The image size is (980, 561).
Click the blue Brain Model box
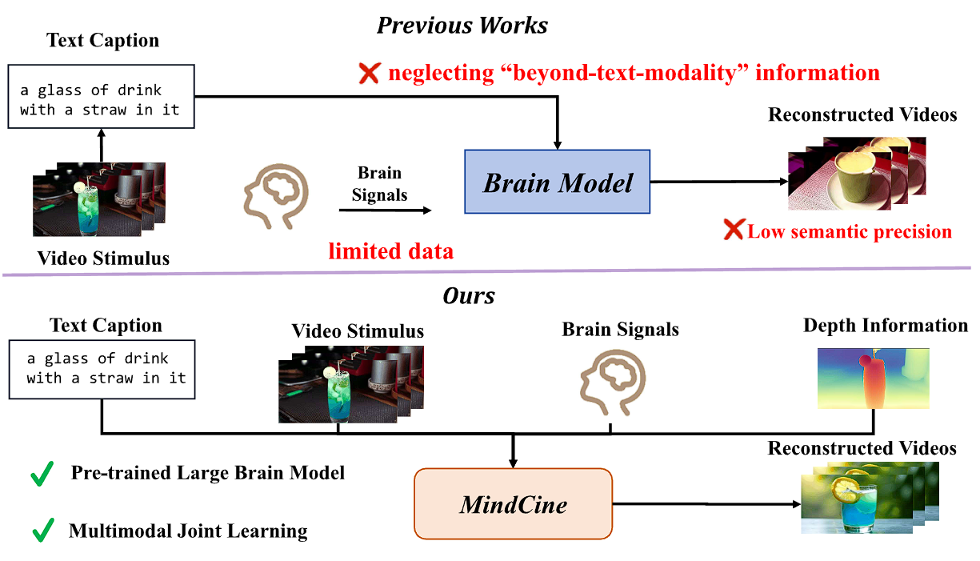click(x=558, y=182)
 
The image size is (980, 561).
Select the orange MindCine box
click(x=513, y=503)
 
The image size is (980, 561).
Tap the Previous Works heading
click(x=462, y=25)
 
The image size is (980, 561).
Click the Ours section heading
click(x=469, y=296)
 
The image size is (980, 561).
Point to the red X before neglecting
click(x=369, y=74)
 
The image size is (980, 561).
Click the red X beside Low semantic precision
click(x=734, y=231)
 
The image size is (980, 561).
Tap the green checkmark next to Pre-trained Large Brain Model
click(x=42, y=474)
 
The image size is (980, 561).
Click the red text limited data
click(x=390, y=251)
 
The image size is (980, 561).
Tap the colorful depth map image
click(x=873, y=378)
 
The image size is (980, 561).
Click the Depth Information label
click(x=886, y=326)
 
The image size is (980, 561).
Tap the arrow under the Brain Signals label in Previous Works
click(x=385, y=210)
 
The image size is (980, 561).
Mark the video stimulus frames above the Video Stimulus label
click(x=98, y=200)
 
